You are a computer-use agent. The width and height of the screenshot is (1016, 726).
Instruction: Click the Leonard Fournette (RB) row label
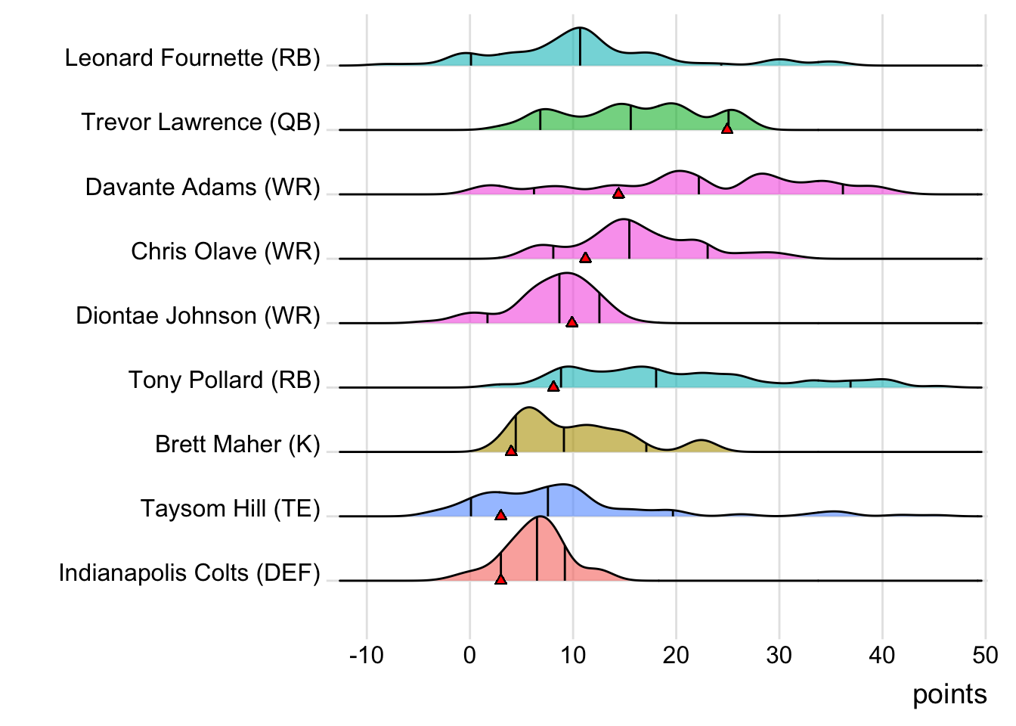point(192,58)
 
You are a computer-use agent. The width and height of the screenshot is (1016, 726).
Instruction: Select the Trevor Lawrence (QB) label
point(200,123)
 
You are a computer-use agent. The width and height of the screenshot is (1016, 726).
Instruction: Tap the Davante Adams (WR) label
point(203,187)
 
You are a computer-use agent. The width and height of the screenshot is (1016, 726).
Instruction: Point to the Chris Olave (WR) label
point(225,251)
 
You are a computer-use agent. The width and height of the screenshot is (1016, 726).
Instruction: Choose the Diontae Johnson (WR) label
point(197,315)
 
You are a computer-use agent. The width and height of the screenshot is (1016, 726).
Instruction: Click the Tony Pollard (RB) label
point(224,380)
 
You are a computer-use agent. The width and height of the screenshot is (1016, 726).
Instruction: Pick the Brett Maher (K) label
point(237,444)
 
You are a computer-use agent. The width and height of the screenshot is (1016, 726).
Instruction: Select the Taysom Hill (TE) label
point(230,508)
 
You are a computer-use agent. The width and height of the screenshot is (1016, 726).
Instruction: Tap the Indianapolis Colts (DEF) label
point(189,572)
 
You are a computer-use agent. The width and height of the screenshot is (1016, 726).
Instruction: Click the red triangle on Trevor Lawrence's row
point(727,129)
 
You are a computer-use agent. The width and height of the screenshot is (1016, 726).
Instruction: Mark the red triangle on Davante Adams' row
point(618,194)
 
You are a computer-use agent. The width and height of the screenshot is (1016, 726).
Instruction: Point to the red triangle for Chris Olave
point(585,258)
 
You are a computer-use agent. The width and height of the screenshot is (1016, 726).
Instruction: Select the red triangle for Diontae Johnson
point(572,322)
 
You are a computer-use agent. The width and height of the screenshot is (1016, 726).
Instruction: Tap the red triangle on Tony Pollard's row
point(553,386)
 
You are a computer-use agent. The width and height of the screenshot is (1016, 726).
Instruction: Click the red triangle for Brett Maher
point(511,451)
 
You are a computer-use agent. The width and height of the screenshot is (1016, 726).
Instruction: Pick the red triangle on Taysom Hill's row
point(500,515)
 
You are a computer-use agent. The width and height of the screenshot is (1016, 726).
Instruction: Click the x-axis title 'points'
point(949,694)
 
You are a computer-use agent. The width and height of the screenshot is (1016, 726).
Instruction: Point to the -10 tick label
point(367,655)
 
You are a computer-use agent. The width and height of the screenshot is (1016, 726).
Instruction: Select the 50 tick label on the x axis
point(985,655)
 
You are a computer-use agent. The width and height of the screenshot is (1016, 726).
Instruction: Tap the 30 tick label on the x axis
point(779,655)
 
